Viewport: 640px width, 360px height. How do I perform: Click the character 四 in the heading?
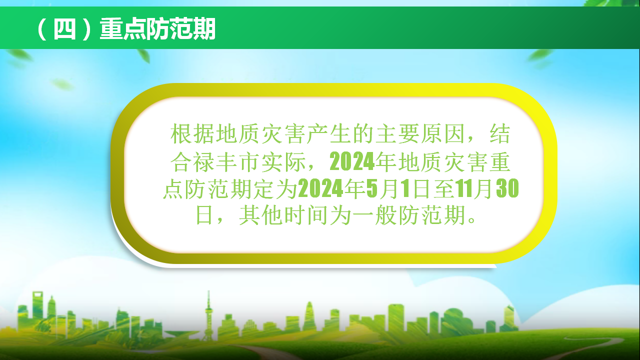[64, 29]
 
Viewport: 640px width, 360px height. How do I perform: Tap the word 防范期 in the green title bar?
[181, 29]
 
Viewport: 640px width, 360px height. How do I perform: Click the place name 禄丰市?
[215, 161]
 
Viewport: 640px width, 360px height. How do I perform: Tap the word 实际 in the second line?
[283, 161]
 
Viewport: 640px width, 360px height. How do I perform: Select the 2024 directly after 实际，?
[352, 161]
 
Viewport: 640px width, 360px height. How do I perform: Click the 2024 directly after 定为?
[320, 188]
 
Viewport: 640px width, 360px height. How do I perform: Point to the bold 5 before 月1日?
[372, 188]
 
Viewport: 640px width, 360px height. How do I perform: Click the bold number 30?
[507, 188]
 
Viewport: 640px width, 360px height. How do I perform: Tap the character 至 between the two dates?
[444, 188]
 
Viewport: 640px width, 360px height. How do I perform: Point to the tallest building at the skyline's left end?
[37, 305]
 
